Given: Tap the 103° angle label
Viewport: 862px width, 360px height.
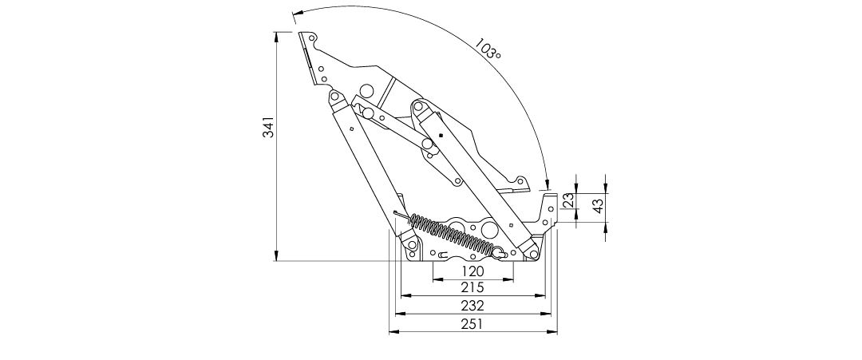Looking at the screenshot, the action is (x=488, y=48).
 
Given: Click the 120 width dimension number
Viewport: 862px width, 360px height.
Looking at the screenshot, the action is (x=473, y=271).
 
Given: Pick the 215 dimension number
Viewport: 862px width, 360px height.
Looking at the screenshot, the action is (x=473, y=287).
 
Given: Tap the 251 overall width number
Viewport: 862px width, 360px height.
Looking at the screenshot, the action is (x=473, y=324).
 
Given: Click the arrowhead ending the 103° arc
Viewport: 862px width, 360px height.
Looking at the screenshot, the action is (x=547, y=184).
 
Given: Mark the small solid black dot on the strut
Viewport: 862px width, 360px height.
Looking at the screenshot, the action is (x=441, y=135).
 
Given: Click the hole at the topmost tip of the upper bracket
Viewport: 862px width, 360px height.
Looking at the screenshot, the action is (x=312, y=38).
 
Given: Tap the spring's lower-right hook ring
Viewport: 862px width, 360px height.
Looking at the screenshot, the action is (x=498, y=253).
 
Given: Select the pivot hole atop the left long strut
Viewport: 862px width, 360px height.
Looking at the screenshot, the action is (x=334, y=97).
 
